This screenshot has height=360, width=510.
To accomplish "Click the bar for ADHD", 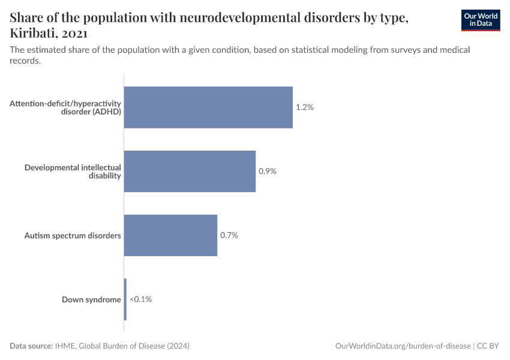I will point(208,107).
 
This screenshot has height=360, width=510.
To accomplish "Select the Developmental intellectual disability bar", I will point(190,172).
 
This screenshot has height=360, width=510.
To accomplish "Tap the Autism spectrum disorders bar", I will point(170,235).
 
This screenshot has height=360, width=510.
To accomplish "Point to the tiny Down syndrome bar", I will point(125,299).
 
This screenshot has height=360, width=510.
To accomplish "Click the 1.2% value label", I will point(305,107).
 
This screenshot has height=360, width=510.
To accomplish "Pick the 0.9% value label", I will point(268,172).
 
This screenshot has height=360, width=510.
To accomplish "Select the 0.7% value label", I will point(229,235).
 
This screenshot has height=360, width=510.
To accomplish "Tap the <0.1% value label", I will point(140,299).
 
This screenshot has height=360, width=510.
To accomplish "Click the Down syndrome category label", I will point(91,299).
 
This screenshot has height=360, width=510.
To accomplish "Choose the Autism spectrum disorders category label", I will point(72,235).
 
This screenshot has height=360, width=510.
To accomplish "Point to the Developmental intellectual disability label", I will point(73,172).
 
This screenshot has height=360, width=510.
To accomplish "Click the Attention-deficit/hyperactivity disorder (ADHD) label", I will point(65,107).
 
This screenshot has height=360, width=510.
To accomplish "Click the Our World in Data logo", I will point(480,20).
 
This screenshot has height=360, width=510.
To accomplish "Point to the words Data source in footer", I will point(31,346).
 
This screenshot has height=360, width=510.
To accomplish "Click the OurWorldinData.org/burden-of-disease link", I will point(403,346).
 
